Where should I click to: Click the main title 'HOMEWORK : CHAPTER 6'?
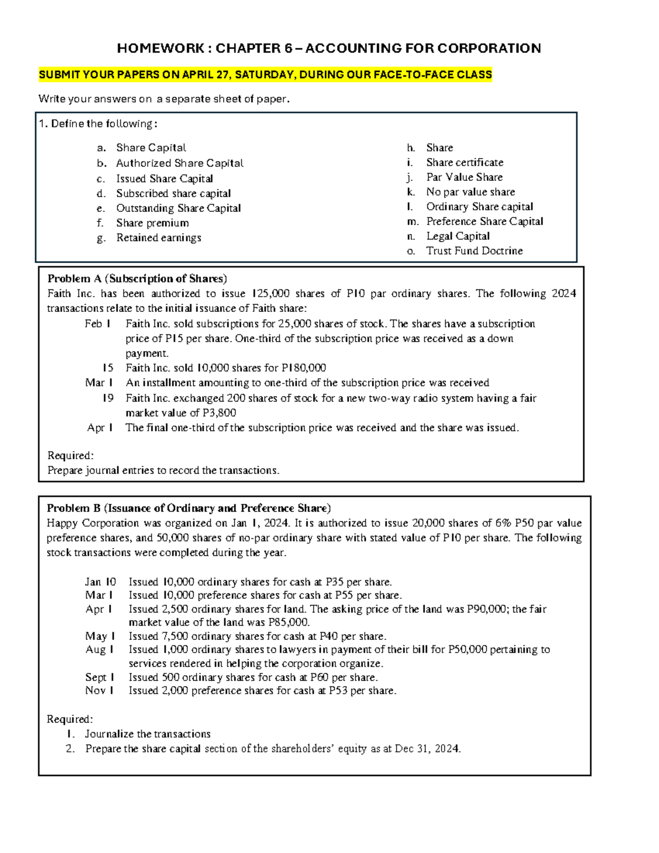point(329,48)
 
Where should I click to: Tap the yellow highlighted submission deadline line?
point(265,75)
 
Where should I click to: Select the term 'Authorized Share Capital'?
point(180,163)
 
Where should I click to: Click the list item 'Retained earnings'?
point(159,238)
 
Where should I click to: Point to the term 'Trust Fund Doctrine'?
point(474,251)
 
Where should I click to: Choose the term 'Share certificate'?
point(465,163)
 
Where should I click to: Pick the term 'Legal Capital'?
point(458,236)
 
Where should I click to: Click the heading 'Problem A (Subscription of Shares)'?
point(137,278)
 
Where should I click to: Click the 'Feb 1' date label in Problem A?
point(98,324)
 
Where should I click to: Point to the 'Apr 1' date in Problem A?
point(100,428)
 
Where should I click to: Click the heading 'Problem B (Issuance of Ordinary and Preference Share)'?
point(188,508)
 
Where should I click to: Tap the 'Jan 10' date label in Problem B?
point(100,582)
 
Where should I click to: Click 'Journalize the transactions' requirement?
point(148,734)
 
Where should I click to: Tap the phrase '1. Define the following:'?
point(98,124)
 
